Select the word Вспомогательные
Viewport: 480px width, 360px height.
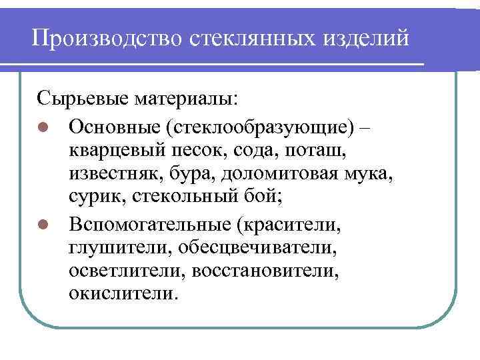[x=156, y=224]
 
